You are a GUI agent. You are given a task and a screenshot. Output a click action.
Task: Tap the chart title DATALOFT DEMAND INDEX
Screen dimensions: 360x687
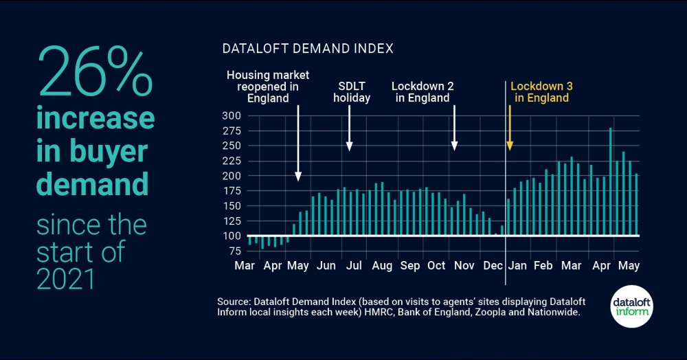coord(307,49)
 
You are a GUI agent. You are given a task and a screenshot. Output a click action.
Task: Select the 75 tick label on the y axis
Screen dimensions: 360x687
coord(234,251)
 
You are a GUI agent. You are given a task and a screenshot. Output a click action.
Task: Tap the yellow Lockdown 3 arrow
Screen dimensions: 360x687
coord(510,131)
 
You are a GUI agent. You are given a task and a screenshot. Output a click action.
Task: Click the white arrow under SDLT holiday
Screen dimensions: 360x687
coord(349,131)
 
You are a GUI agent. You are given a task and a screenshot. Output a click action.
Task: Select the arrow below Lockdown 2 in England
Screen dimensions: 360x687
coord(454,131)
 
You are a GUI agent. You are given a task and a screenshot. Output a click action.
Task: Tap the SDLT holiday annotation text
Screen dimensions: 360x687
coord(352,92)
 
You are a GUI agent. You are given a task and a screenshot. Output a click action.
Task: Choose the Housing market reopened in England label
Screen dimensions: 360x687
coord(268,86)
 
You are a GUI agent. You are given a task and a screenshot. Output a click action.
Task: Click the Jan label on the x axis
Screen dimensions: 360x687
coord(519,266)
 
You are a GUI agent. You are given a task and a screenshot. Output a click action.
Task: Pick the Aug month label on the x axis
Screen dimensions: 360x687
coord(382,266)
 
